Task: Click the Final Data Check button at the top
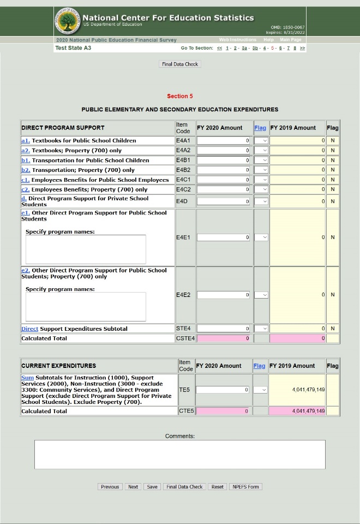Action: (180, 64)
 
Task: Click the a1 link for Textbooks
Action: (25, 141)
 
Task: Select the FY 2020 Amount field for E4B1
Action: (224, 160)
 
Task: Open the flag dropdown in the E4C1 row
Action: (261, 180)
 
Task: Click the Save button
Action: (152, 487)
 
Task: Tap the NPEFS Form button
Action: (245, 487)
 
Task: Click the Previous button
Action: (110, 487)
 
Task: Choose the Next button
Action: (133, 487)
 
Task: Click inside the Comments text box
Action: (180, 454)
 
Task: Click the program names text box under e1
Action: (86, 249)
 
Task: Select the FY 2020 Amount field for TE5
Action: (223, 390)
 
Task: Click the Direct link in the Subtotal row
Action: (29, 329)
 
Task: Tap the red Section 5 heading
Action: (180, 96)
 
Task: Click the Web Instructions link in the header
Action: (237, 40)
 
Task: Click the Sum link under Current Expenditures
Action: (27, 378)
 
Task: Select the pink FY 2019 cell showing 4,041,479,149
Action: (297, 411)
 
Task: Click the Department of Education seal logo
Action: (68, 22)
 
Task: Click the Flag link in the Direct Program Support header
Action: (260, 128)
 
